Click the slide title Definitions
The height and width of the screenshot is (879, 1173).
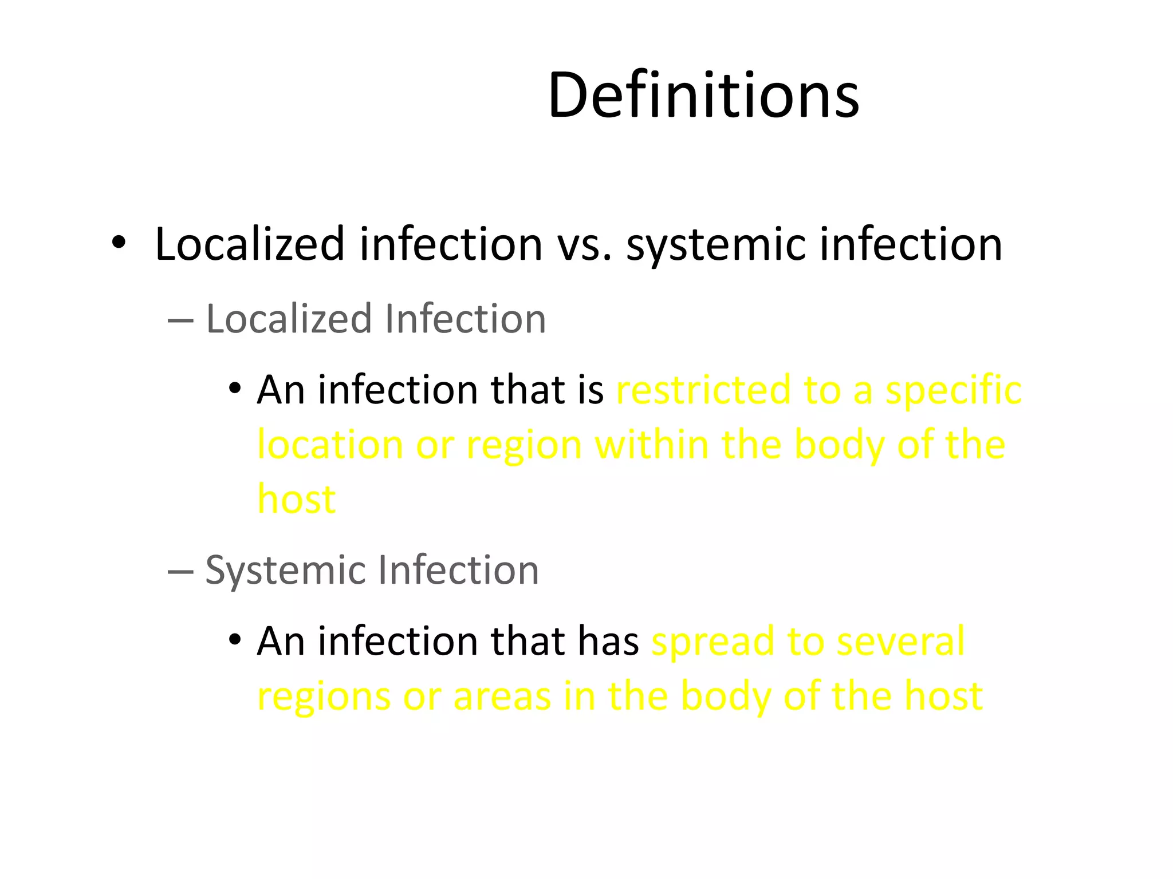pos(703,95)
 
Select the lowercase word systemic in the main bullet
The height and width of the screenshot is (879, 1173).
pos(717,245)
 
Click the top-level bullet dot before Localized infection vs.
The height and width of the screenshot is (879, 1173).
pos(119,243)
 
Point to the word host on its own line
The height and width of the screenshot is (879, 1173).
pos(297,500)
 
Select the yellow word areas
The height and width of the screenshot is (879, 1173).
pos(502,697)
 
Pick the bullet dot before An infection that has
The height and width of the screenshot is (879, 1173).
pos(234,640)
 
